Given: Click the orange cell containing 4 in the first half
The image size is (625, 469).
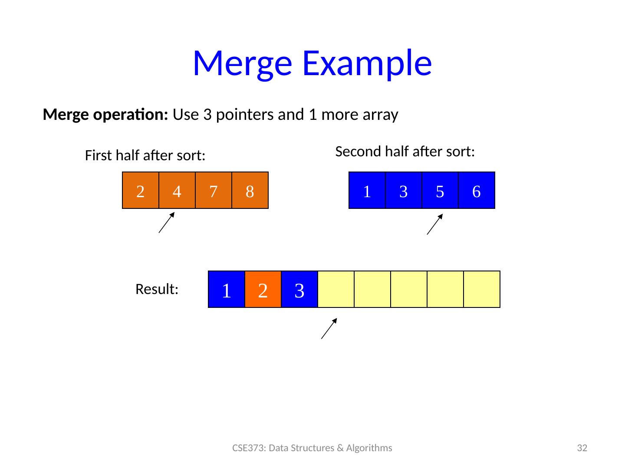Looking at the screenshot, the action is pyautogui.click(x=177, y=191).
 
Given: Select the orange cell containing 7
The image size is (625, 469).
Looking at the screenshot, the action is pyautogui.click(x=213, y=191).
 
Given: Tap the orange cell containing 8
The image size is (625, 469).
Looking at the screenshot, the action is pyautogui.click(x=250, y=191).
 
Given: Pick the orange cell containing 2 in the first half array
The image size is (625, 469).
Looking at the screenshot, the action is pyautogui.click(x=140, y=191).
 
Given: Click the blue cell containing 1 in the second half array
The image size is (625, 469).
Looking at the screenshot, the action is pyautogui.click(x=367, y=191).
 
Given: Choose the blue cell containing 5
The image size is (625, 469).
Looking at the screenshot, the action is pyautogui.click(x=440, y=191).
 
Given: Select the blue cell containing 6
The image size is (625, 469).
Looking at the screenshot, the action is pyautogui.click(x=476, y=191).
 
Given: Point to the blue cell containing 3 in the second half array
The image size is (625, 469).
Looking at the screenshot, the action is pyautogui.click(x=403, y=191).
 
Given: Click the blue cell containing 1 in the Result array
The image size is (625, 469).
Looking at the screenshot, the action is pyautogui.click(x=226, y=290).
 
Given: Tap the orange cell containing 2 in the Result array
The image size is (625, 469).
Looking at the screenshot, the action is pyautogui.click(x=263, y=290).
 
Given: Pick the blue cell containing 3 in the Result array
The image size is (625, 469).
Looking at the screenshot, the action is pyautogui.click(x=299, y=290).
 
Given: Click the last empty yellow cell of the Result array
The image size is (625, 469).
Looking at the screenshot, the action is pyautogui.click(x=481, y=290).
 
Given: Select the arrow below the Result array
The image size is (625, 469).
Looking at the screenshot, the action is pyautogui.click(x=329, y=328).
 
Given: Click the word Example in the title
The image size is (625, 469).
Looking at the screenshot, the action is pyautogui.click(x=367, y=63).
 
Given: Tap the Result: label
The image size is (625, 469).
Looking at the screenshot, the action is pyautogui.click(x=157, y=289).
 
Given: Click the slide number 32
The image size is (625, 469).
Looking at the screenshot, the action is pyautogui.click(x=582, y=448).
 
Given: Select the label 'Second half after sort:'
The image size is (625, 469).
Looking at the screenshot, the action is pyautogui.click(x=405, y=152).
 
